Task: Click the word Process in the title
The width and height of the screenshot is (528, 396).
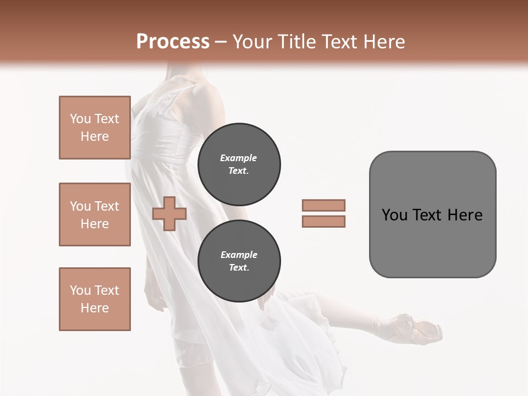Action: [173, 42]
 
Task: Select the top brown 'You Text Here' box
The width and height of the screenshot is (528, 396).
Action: [95, 128]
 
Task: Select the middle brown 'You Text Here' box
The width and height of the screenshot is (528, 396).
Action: [95, 215]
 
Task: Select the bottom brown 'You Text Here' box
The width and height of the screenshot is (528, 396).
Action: [95, 299]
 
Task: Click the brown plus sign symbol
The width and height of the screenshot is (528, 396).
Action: [169, 215]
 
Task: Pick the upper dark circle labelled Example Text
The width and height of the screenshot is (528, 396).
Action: [239, 164]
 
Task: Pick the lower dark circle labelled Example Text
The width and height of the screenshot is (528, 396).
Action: [239, 261]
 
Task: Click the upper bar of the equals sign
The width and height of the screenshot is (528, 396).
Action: [323, 205]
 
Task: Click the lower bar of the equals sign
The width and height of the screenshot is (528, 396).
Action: [323, 222]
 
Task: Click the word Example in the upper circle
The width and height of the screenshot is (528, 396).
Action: [239, 158]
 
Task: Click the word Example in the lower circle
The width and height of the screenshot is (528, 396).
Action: [239, 255]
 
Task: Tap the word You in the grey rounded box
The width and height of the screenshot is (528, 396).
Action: [395, 215]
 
